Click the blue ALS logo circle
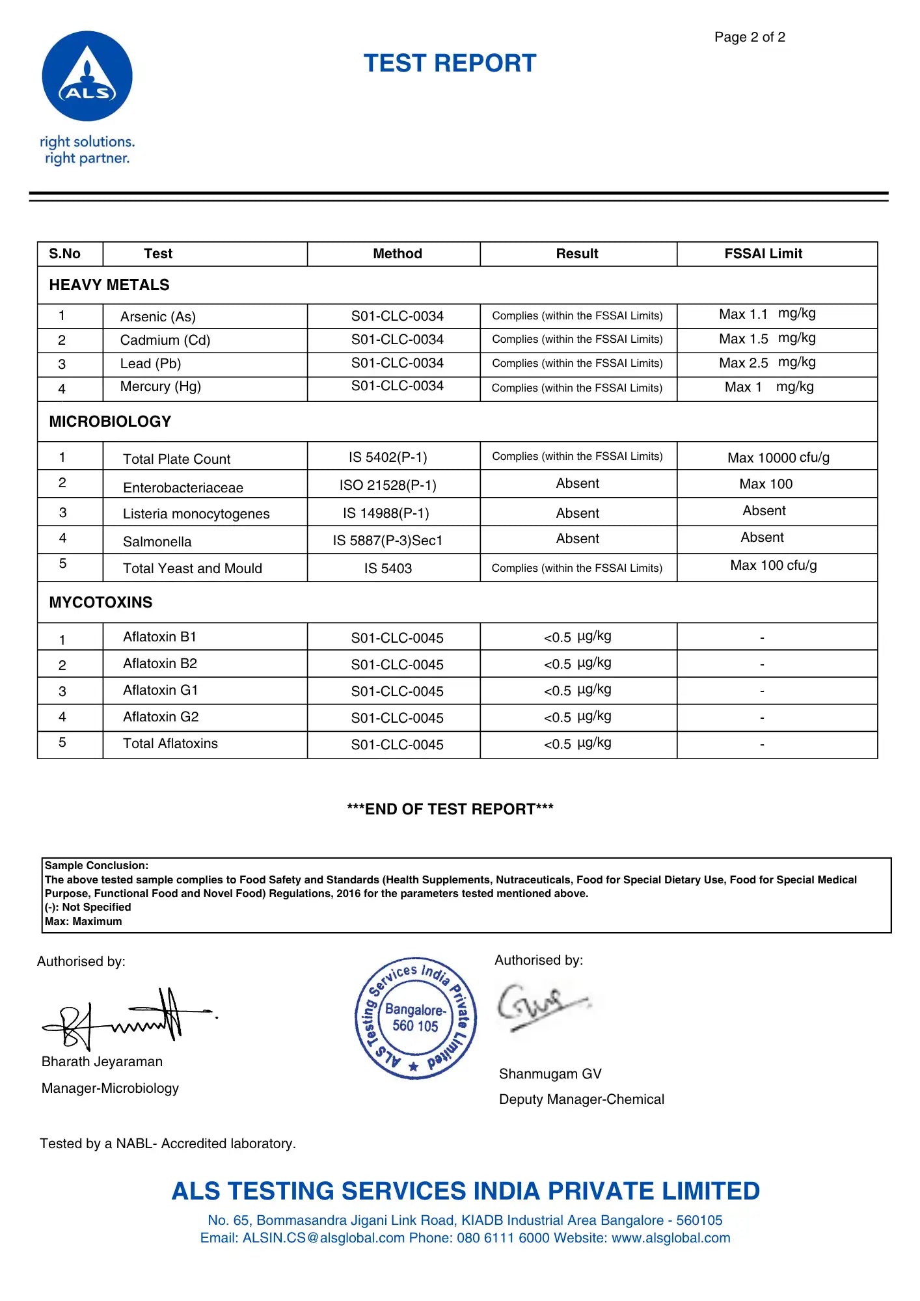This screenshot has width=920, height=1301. tap(87, 76)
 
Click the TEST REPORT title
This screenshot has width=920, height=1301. tap(450, 63)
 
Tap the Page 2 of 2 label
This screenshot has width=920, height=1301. tap(750, 37)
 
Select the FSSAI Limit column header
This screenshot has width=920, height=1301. tap(763, 254)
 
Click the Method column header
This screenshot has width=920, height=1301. tap(397, 254)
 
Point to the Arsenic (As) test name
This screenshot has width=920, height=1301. tap(157, 317)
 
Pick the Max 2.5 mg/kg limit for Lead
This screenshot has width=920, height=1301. tap(766, 362)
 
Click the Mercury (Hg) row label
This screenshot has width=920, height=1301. tap(160, 386)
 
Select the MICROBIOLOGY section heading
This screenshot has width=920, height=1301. tap(110, 422)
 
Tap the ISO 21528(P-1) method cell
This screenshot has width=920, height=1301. tap(388, 485)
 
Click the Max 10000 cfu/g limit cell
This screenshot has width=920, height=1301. tap(778, 458)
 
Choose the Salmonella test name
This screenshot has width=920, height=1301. tap(157, 542)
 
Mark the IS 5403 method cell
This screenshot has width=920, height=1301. tap(388, 569)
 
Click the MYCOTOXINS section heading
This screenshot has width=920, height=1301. tap(101, 602)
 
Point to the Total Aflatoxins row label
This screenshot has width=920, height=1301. tap(170, 744)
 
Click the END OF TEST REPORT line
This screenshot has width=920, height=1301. tap(450, 809)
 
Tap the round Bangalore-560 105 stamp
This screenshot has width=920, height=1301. tap(416, 1018)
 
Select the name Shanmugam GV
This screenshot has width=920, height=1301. tap(550, 1074)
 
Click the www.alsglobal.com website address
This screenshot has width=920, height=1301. tap(671, 1238)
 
